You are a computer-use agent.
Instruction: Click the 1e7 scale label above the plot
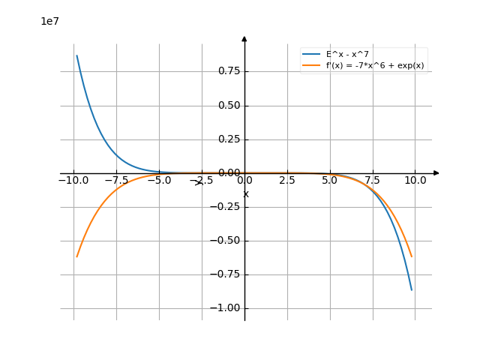pos(49,22)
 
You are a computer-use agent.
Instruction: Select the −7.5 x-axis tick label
pos(115,181)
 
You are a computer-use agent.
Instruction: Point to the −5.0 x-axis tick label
pos(158,181)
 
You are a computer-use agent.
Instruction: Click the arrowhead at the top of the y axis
pos(244,37)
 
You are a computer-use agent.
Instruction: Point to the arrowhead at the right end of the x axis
pos(436,173)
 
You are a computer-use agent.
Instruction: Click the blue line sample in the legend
pos(311,55)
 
